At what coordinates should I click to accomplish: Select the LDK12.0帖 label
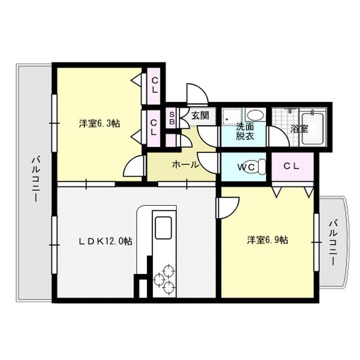[x=105, y=241]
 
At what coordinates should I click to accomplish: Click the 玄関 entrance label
[x=200, y=116]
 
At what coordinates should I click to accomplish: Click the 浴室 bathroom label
[x=299, y=128]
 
